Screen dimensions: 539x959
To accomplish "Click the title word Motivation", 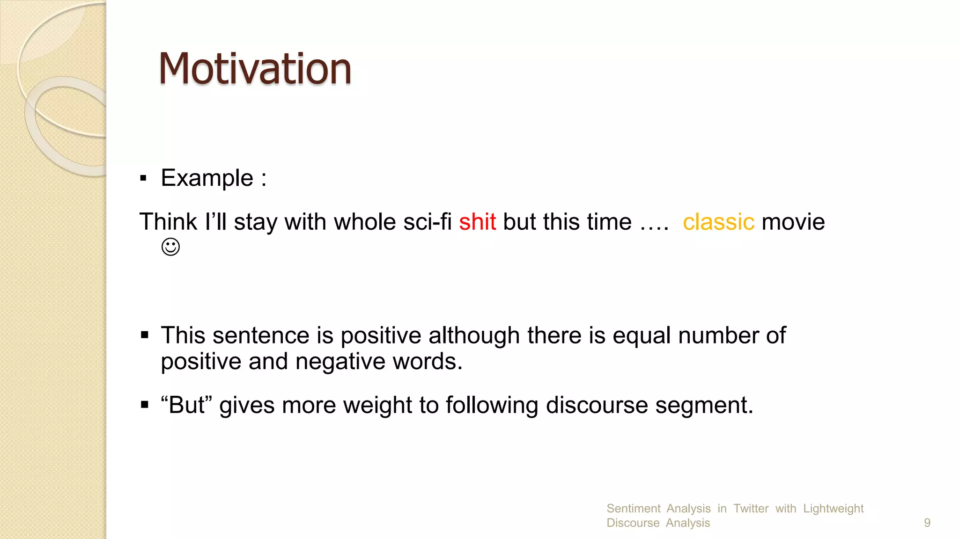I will click(x=255, y=69).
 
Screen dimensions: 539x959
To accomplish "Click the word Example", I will click(x=207, y=178).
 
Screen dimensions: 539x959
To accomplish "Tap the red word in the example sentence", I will click(x=477, y=222).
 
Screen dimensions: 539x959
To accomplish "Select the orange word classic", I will click(x=718, y=222).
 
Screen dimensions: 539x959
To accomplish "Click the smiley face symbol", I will click(x=170, y=247).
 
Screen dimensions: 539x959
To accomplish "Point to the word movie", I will click(x=793, y=222).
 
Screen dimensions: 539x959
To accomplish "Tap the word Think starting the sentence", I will click(x=168, y=222).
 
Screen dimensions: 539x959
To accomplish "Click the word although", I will click(x=474, y=335).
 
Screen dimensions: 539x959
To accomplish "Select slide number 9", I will click(x=927, y=523).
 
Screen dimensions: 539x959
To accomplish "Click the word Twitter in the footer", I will click(x=751, y=509).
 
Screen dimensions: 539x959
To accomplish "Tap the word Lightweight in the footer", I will click(x=833, y=509).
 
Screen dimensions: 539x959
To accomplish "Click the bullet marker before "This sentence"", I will click(x=144, y=335).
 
